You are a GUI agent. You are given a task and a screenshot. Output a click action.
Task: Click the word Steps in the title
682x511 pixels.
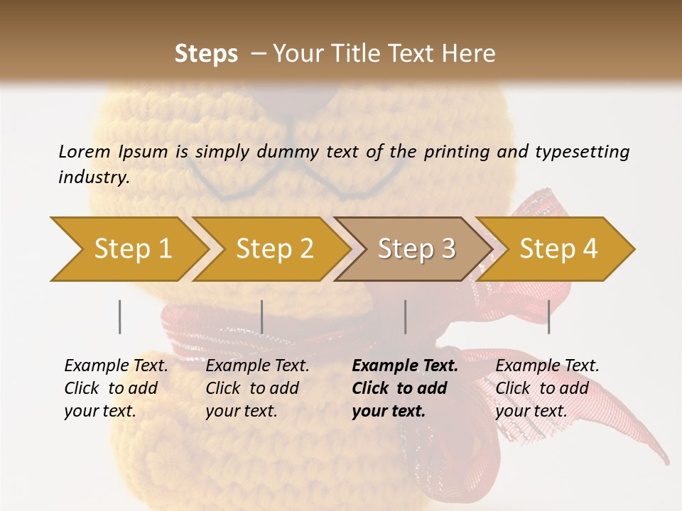(206, 54)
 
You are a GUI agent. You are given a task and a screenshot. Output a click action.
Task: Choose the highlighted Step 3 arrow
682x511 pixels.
(416, 249)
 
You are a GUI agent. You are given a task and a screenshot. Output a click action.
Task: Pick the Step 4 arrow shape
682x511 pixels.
(558, 249)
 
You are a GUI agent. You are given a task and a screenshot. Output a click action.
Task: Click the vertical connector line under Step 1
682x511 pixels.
(120, 317)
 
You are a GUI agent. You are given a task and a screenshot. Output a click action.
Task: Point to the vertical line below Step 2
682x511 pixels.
(262, 317)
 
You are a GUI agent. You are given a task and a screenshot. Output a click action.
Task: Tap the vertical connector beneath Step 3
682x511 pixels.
(406, 317)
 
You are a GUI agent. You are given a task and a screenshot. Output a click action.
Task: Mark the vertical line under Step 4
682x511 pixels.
(549, 317)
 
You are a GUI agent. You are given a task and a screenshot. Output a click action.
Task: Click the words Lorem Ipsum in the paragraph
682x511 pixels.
(113, 151)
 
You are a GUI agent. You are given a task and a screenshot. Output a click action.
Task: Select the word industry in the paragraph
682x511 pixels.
(93, 177)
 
